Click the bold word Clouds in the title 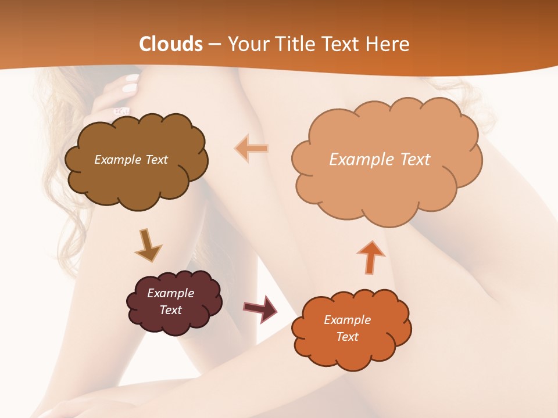coord(171,44)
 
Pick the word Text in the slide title coord(339,44)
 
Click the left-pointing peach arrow coord(252,149)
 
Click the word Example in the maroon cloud coord(170,293)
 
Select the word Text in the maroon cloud coord(170,310)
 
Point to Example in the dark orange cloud coord(347,320)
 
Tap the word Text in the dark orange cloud coord(347,337)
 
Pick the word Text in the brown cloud coord(156,160)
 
